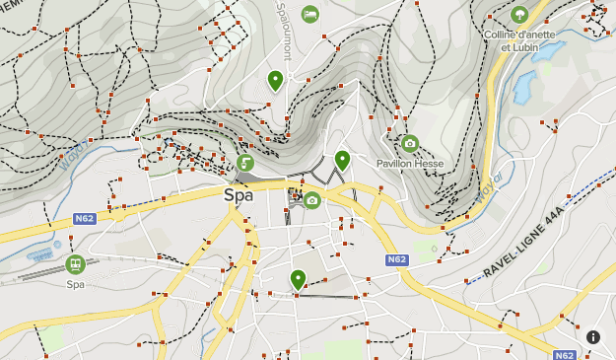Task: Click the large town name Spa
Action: (239, 195)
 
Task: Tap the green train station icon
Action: (75, 264)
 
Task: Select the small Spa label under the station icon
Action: (76, 284)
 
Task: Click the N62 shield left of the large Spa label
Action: (84, 218)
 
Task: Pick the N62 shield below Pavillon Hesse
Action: (396, 259)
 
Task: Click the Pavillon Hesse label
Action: (410, 163)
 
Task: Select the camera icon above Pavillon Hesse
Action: (410, 143)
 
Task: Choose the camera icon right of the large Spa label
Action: (312, 200)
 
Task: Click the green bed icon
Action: (310, 14)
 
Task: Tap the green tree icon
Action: (519, 14)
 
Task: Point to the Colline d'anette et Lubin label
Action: (519, 40)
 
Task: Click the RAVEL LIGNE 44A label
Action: (523, 243)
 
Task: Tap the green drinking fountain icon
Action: (245, 162)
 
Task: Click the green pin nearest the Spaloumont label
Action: (275, 81)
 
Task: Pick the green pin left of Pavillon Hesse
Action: (342, 159)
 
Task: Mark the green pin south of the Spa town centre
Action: (298, 279)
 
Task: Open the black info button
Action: (593, 336)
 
